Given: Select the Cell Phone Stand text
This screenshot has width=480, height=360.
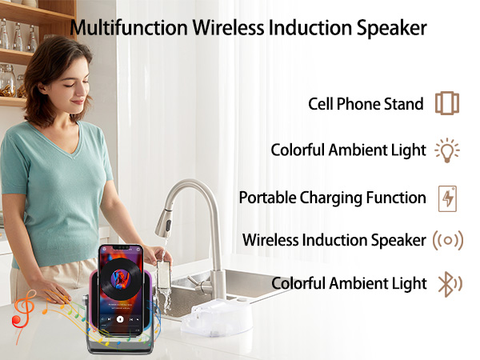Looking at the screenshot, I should click(x=366, y=104).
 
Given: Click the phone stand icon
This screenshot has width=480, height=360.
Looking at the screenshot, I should click(x=447, y=104).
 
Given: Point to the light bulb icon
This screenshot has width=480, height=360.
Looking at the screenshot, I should click(x=447, y=150).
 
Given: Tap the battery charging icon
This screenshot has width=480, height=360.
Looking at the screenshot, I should click(x=447, y=198).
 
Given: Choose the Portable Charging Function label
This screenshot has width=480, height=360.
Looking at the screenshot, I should click(x=332, y=198).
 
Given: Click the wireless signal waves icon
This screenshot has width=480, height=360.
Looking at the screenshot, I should click(x=447, y=240).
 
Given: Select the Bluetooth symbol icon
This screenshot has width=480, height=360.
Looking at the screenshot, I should click(x=447, y=283).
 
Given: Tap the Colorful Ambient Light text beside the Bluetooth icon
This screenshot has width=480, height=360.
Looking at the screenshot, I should click(x=349, y=283).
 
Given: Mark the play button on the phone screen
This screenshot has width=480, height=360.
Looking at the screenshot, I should click(x=120, y=318).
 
